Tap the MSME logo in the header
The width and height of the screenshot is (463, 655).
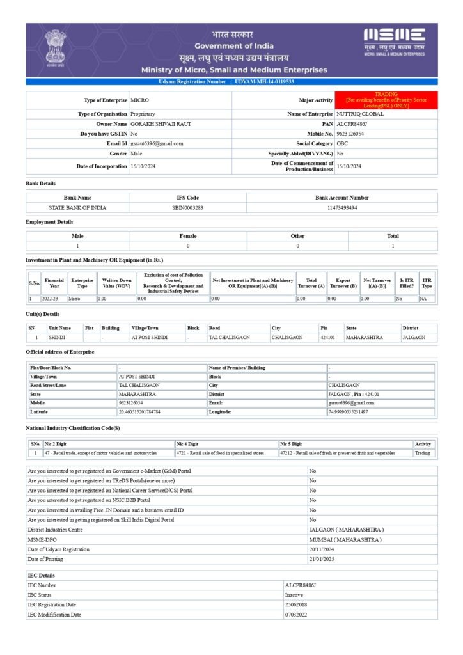tap(394, 42)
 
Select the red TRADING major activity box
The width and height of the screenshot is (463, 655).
tap(386, 100)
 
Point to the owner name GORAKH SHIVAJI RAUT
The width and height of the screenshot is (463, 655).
tap(152, 123)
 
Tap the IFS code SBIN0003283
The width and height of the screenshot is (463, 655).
tap(187, 208)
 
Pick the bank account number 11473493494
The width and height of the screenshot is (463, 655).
tap(341, 208)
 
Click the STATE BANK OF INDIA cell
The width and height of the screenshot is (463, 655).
tap(77, 208)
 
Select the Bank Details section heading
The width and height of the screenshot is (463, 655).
tap(40, 184)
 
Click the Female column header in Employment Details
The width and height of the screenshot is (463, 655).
tap(188, 236)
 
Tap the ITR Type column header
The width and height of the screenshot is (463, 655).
tap(427, 283)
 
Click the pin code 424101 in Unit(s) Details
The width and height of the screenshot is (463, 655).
tap(327, 337)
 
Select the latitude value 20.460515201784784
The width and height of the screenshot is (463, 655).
tap(139, 412)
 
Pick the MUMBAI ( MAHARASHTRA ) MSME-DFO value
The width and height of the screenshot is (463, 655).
tap(345, 540)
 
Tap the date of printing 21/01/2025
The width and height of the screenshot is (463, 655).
tap(322, 559)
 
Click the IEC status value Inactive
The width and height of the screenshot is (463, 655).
tap(294, 595)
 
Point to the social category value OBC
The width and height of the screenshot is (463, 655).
tap(342, 144)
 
